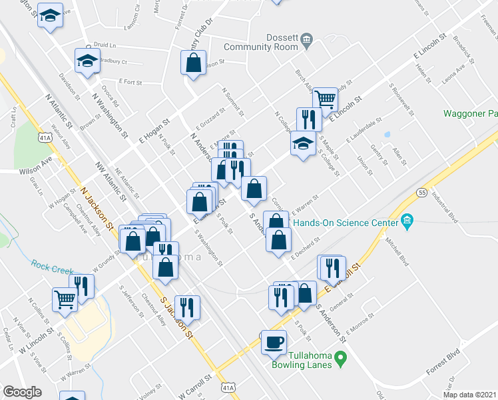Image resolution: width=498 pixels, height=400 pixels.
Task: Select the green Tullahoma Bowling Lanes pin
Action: pos(340,360)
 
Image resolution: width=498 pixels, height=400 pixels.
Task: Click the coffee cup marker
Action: pos(273,343)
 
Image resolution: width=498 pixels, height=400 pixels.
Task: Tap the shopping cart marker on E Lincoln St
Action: pos(325,100)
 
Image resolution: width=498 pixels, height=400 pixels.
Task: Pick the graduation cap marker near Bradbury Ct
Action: pos(86,61)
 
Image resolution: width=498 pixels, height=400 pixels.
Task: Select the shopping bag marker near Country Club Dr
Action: pos(192,63)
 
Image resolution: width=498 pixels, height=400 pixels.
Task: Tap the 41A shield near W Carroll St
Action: pos(228,387)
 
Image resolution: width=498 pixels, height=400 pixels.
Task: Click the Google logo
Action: pos(22,392)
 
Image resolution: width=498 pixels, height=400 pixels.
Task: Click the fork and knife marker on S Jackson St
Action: pos(187,307)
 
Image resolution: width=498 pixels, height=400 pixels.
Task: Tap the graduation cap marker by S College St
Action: pos(303,143)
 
